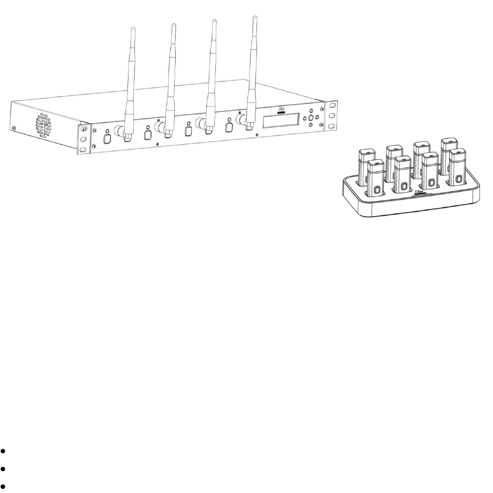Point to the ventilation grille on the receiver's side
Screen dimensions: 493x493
42,125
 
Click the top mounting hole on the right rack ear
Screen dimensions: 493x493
331,107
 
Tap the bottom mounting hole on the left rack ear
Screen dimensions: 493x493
83,149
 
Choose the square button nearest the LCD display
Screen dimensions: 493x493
229,127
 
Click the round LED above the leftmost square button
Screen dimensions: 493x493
108,131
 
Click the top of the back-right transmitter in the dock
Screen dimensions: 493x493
449,142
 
